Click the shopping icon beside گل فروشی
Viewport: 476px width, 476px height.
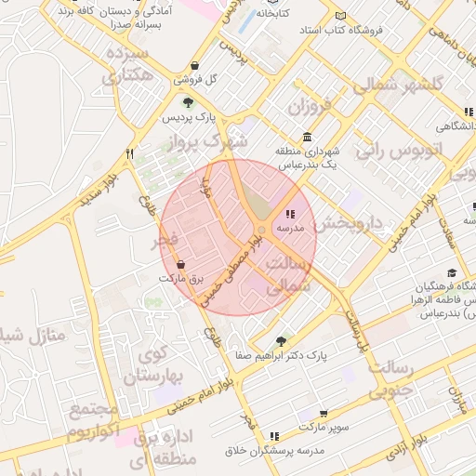pos(195,66)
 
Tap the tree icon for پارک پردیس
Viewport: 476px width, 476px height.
pos(189,102)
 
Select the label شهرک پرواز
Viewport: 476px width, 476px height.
pos(210,142)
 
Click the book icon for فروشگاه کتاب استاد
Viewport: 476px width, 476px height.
pos(340,17)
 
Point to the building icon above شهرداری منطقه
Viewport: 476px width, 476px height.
pos(307,137)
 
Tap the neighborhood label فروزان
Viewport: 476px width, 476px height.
pos(309,106)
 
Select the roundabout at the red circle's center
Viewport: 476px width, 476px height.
pos(262,230)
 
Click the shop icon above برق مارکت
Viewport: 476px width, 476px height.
pos(180,264)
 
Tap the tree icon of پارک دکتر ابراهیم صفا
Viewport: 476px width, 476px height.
pos(281,341)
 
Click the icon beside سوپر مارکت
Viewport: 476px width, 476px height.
pos(323,413)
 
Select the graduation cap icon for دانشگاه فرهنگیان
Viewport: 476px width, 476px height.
pos(452,273)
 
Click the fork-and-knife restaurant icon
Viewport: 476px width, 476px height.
pos(130,153)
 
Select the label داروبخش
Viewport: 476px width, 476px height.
pos(348,223)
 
